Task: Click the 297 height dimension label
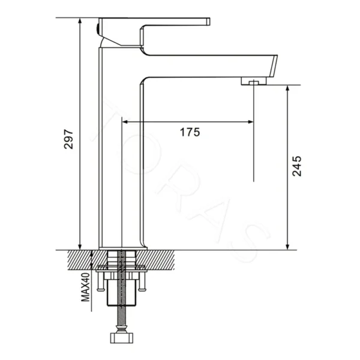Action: (68, 139)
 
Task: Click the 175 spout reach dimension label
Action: (190, 132)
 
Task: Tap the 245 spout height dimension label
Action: (296, 166)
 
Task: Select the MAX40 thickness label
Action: (85, 287)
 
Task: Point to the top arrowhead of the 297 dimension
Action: (80, 20)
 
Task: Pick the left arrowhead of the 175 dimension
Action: (125, 122)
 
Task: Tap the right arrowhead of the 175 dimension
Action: (251, 122)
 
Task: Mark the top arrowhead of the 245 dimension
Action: (287, 88)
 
